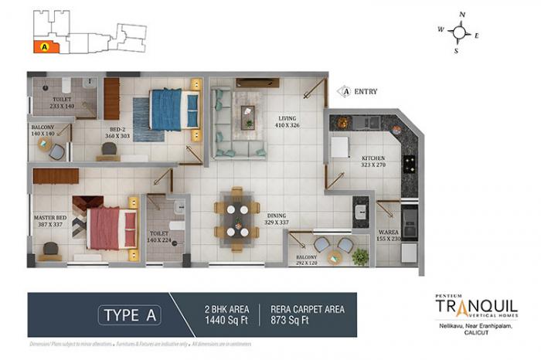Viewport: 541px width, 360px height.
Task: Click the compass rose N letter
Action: pos(461,15)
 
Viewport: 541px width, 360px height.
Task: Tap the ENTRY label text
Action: pos(366,91)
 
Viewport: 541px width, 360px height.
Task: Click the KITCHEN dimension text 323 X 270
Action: pos(373,165)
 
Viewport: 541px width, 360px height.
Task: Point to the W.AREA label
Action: pos(388,232)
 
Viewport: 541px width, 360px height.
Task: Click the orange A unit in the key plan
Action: pos(44,46)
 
